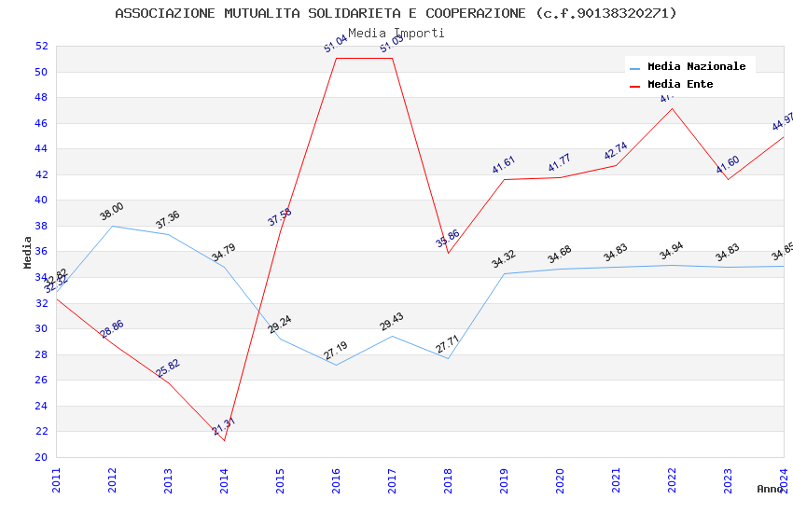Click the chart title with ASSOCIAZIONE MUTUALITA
[396, 13]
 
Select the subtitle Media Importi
[396, 33]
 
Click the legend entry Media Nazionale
[696, 66]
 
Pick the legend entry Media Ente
[679, 84]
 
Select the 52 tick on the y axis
[41, 46]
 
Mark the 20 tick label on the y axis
[41, 457]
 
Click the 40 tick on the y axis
[41, 200]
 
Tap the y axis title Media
[28, 252]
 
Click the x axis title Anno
[770, 489]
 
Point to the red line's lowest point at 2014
[224, 440]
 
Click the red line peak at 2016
[336, 58]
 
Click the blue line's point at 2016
[336, 365]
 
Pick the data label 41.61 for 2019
[504, 165]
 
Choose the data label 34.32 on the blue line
[504, 259]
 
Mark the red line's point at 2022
[672, 108]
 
